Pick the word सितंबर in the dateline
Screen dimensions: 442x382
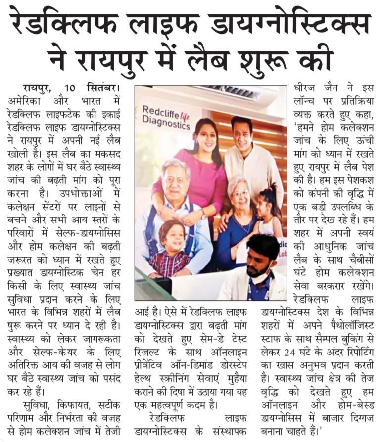(103, 89)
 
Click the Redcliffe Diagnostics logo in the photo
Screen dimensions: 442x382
(165, 117)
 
